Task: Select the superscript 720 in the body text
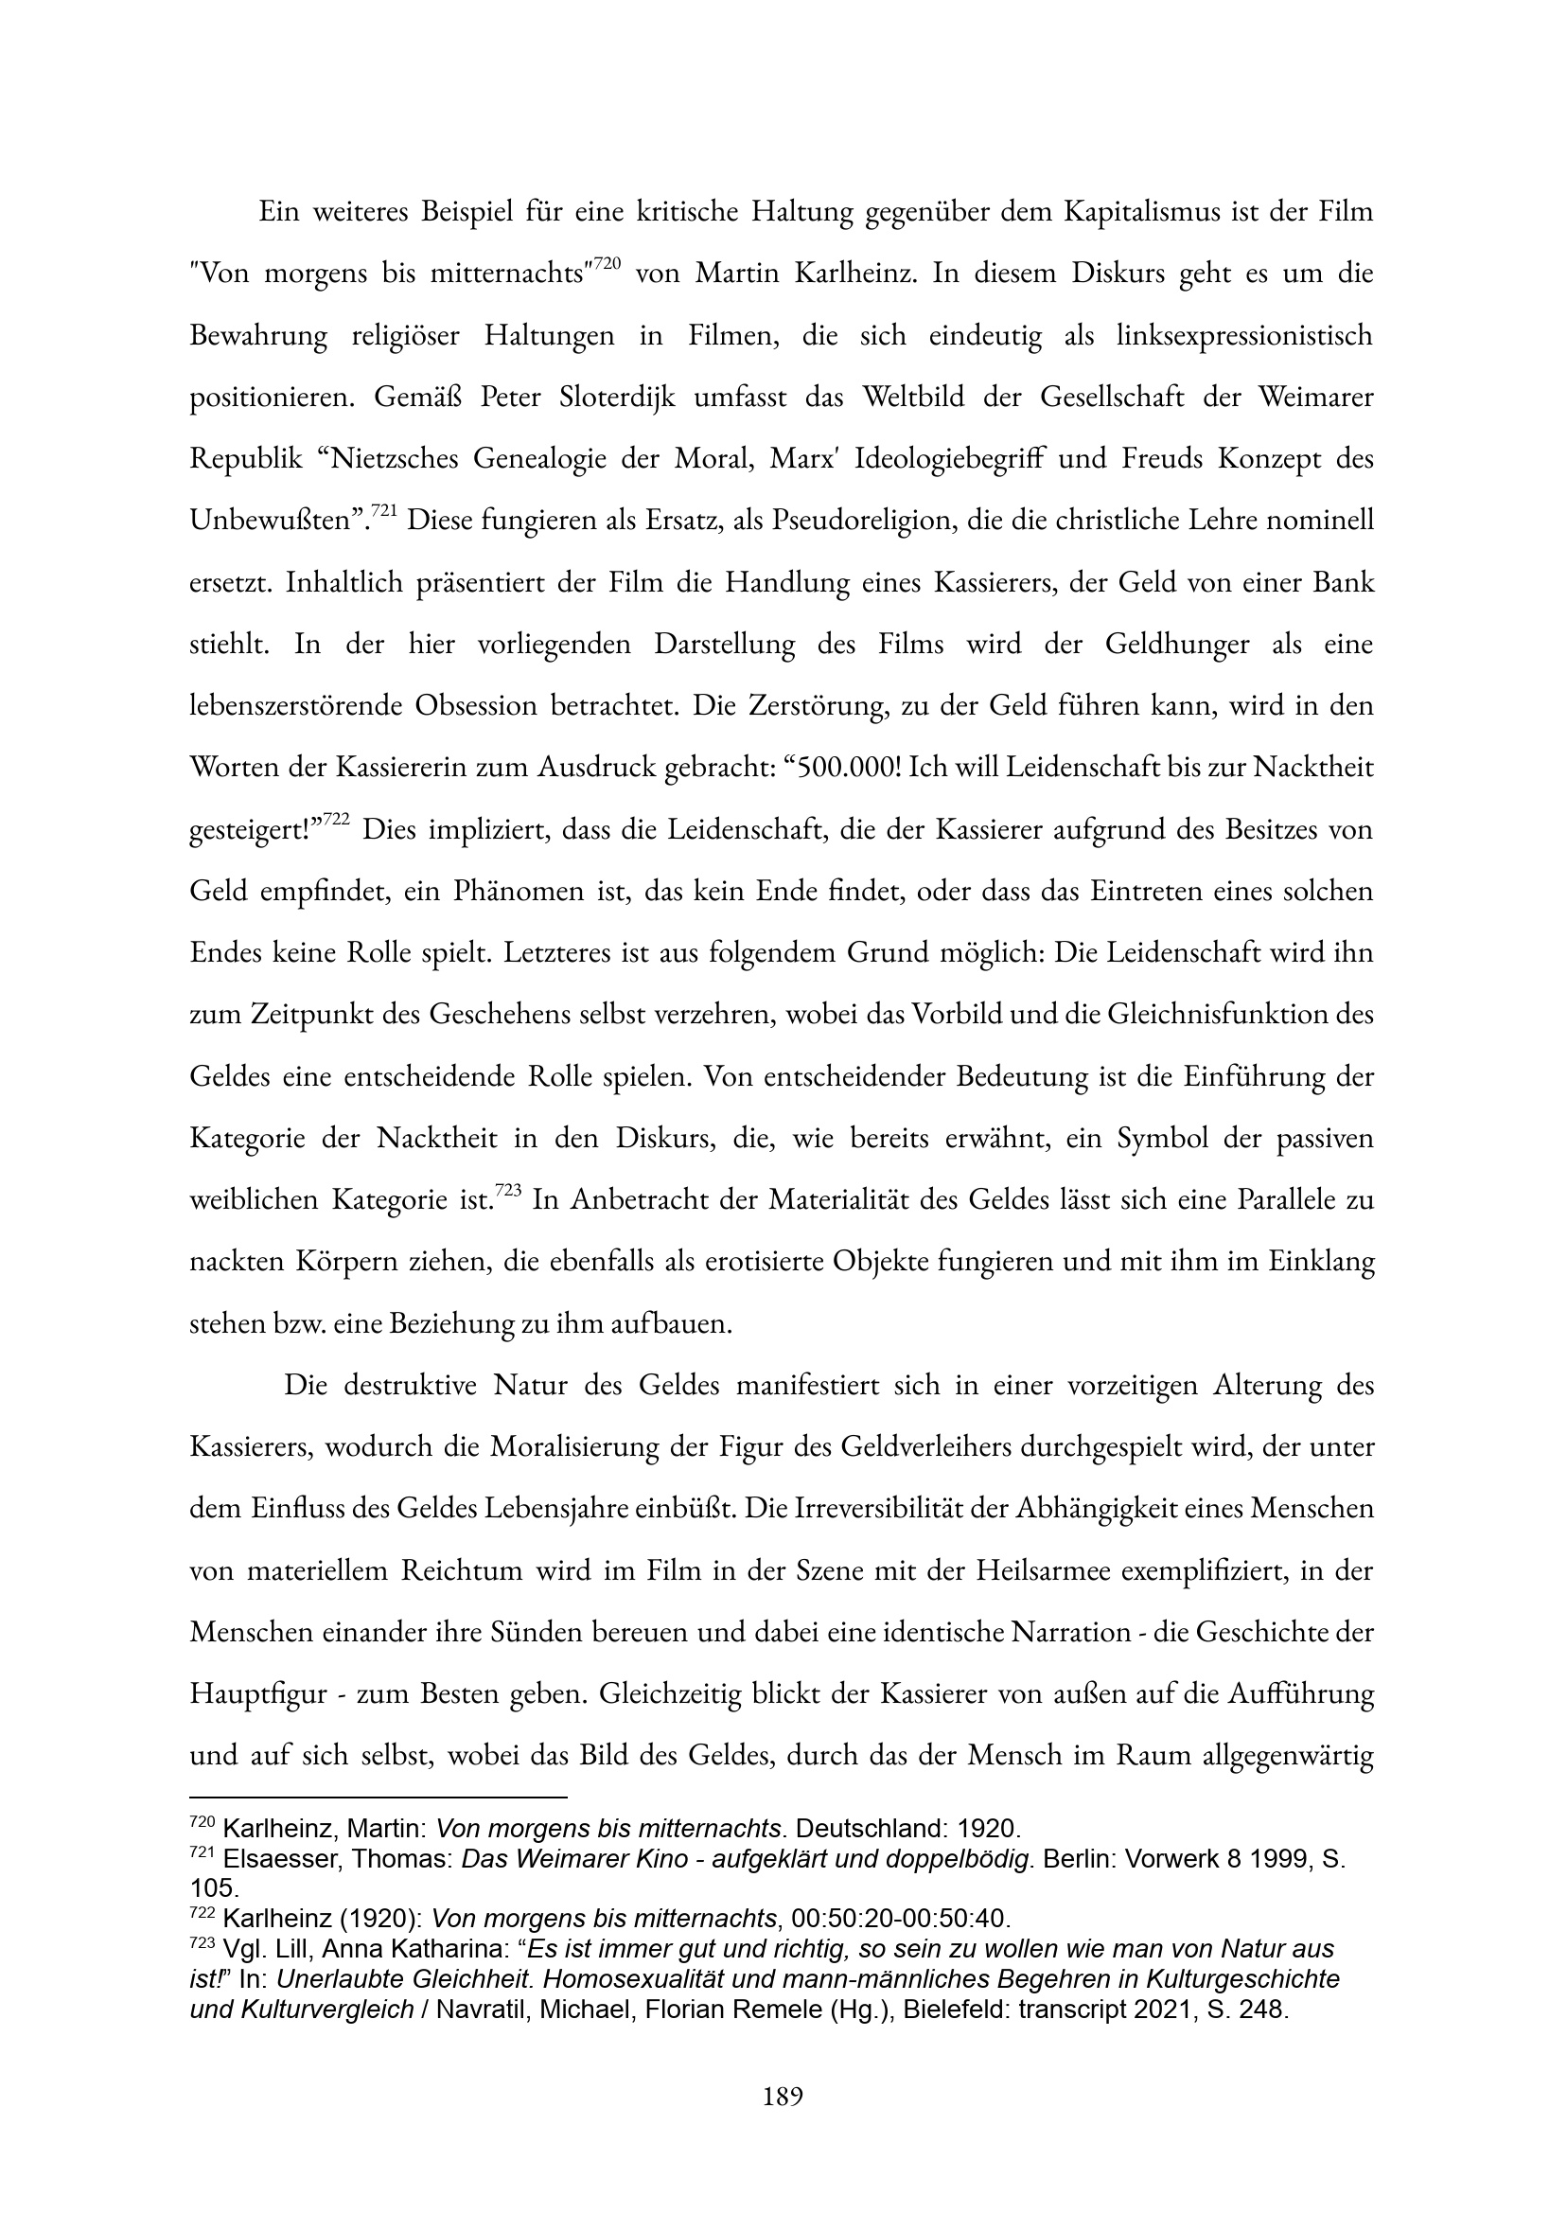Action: pyautogui.click(x=604, y=263)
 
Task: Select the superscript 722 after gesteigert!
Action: pyautogui.click(x=335, y=820)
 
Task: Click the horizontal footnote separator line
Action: pyautogui.click(x=378, y=1798)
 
